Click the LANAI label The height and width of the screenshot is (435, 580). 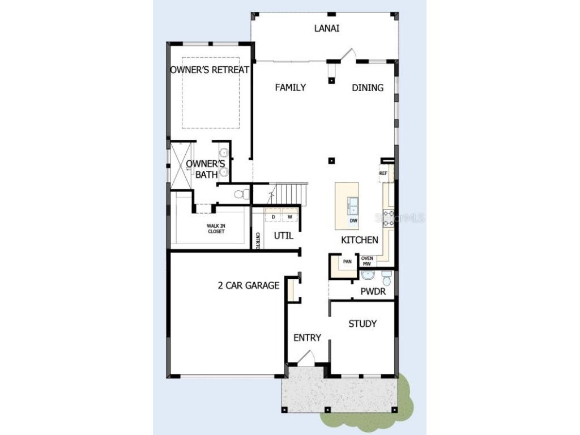tap(327, 28)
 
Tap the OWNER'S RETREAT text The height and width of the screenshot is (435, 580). tap(210, 70)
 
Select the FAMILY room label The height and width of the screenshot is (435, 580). tap(290, 87)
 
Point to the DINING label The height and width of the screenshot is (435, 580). tap(368, 87)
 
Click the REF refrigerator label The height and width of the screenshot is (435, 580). tap(383, 173)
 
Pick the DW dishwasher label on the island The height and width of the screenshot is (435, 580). tap(353, 221)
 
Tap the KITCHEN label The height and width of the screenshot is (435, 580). tap(359, 240)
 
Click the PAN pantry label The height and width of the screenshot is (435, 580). tap(347, 262)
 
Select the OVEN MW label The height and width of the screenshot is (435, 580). tap(367, 261)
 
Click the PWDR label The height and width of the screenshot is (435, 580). tap(373, 292)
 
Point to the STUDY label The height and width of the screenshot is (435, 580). tap(362, 323)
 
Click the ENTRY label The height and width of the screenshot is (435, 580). tap(307, 338)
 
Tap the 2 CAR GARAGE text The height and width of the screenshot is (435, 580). tap(249, 285)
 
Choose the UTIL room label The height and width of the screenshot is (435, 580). tap(284, 235)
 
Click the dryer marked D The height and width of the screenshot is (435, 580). tap(273, 217)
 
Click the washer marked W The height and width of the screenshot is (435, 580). tap(289, 217)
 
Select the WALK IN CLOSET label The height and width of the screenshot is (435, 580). tap(215, 228)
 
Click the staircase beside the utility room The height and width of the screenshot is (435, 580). tap(289, 194)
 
